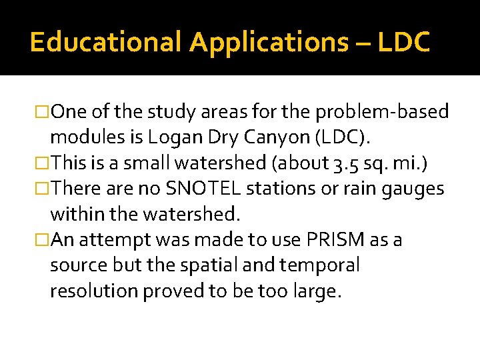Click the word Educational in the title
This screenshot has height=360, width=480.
(x=105, y=42)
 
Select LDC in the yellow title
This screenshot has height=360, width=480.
(x=403, y=42)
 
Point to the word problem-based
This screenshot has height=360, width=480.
(x=392, y=111)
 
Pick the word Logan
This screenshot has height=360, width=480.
(x=172, y=137)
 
